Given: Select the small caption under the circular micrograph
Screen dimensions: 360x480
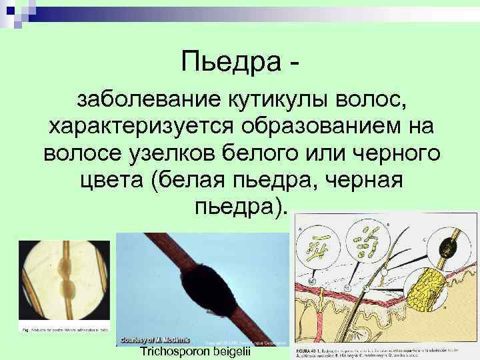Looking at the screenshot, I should click(63, 330).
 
